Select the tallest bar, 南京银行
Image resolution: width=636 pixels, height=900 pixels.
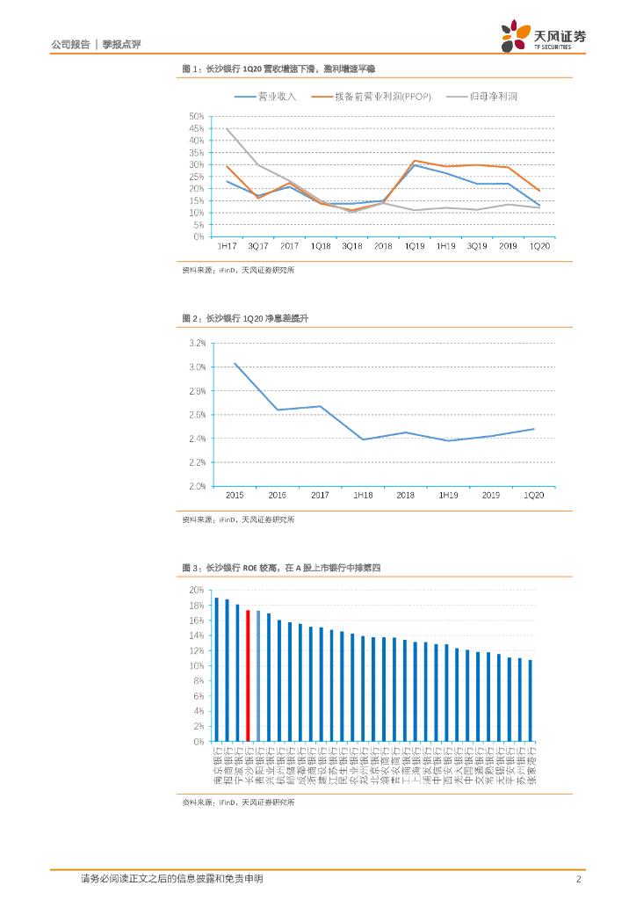pos(216,670)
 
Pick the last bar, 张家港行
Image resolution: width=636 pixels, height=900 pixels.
pos(530,700)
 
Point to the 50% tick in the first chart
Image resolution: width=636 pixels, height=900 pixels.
pos(196,117)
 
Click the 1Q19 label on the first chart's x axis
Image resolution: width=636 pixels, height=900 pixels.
pos(414,246)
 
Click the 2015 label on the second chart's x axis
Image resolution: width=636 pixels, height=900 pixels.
pos(235,496)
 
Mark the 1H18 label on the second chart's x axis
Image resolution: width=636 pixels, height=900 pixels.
pos(363,496)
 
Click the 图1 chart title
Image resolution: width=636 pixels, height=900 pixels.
pos(278,68)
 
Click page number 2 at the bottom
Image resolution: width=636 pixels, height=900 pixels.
pos(578,878)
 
